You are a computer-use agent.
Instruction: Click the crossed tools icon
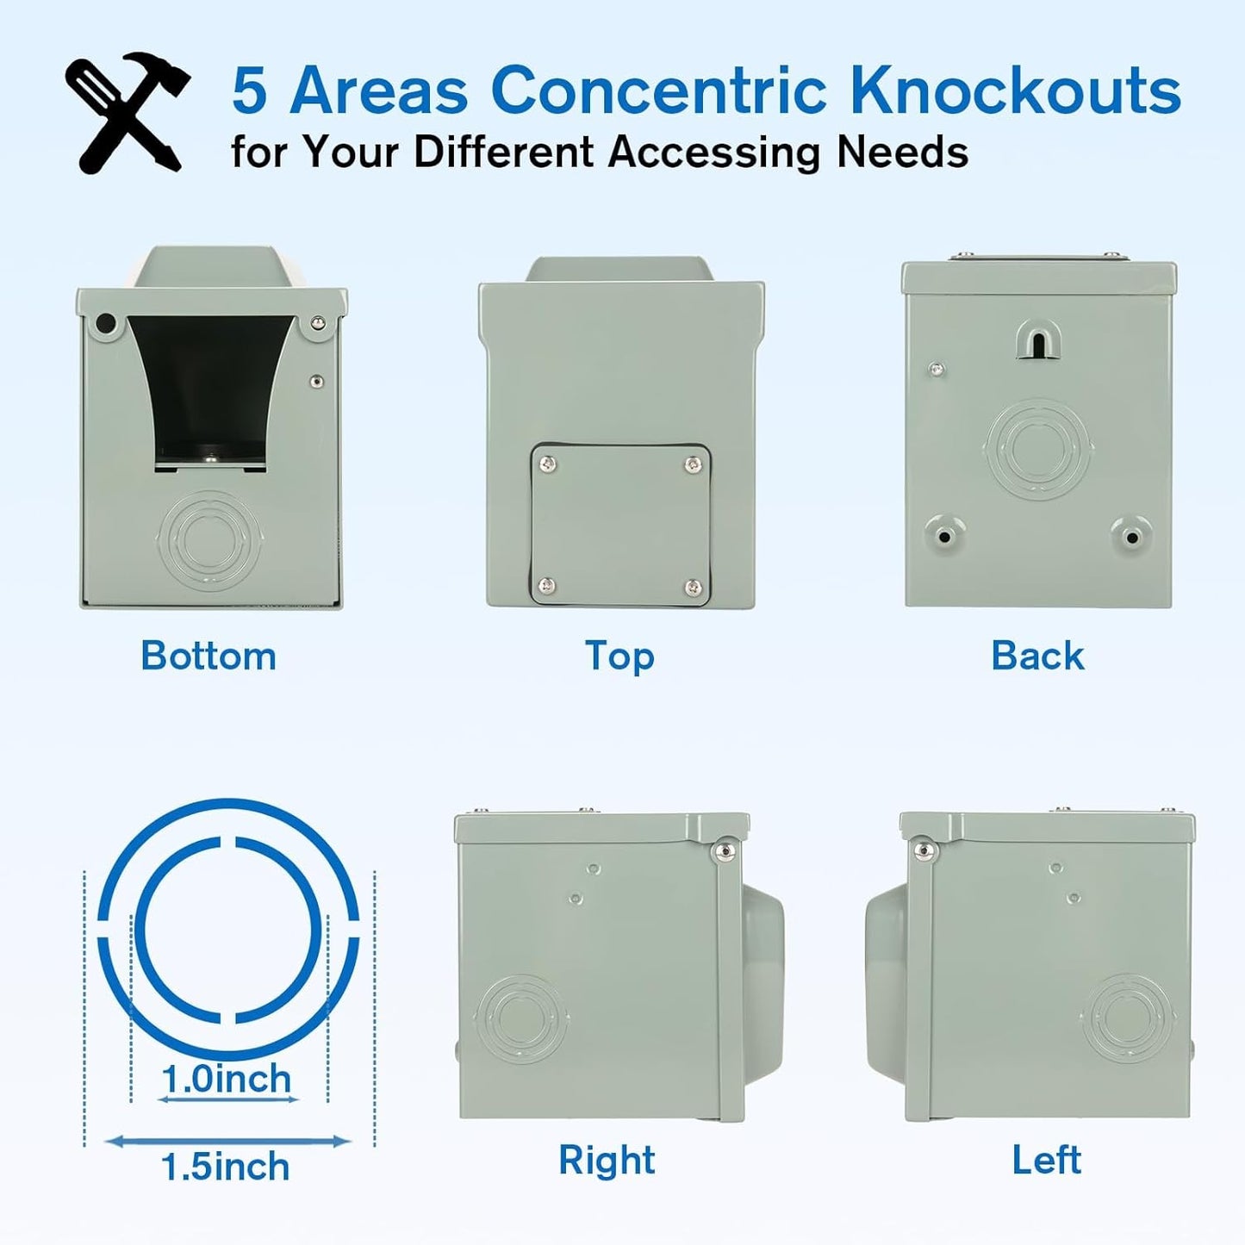127,112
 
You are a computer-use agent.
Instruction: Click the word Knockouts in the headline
1015,90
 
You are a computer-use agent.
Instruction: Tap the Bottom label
209,656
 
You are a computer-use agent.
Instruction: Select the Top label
619,656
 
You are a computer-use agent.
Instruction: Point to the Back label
1037,656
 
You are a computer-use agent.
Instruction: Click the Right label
607,1160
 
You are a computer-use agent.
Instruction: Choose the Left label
1046,1160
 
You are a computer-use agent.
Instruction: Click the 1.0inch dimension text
227,1079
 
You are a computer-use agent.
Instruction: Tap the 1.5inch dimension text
226,1167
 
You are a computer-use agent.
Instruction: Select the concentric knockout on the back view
1039,448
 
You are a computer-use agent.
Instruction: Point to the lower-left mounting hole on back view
944,536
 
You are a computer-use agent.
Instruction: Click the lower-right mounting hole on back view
1131,536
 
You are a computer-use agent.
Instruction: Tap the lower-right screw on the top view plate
693,588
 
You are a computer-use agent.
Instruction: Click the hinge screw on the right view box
725,851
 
